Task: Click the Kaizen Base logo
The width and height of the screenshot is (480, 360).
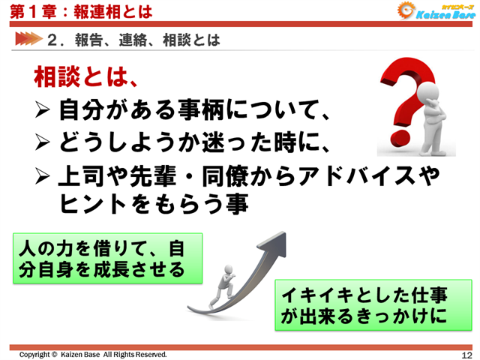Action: (x=435, y=10)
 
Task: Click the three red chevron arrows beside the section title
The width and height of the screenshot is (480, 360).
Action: (x=27, y=39)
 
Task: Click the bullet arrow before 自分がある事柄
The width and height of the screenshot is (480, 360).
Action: (x=44, y=112)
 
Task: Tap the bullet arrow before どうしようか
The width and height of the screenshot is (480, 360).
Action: (x=44, y=143)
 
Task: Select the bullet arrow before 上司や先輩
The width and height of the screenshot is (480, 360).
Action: (x=44, y=176)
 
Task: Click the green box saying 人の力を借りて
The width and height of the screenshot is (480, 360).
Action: (x=109, y=257)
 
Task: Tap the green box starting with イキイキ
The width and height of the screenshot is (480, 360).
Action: (x=373, y=305)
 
